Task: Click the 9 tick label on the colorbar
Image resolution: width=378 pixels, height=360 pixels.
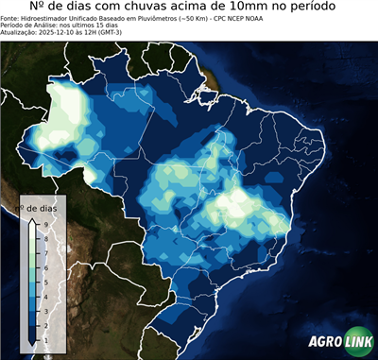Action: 45,224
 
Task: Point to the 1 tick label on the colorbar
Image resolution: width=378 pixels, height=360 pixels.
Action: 45,338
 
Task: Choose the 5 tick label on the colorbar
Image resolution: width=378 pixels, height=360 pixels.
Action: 45,281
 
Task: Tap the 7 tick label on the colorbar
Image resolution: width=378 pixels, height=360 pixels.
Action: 45,252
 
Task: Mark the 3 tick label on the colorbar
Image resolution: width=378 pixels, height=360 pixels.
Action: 45,310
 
